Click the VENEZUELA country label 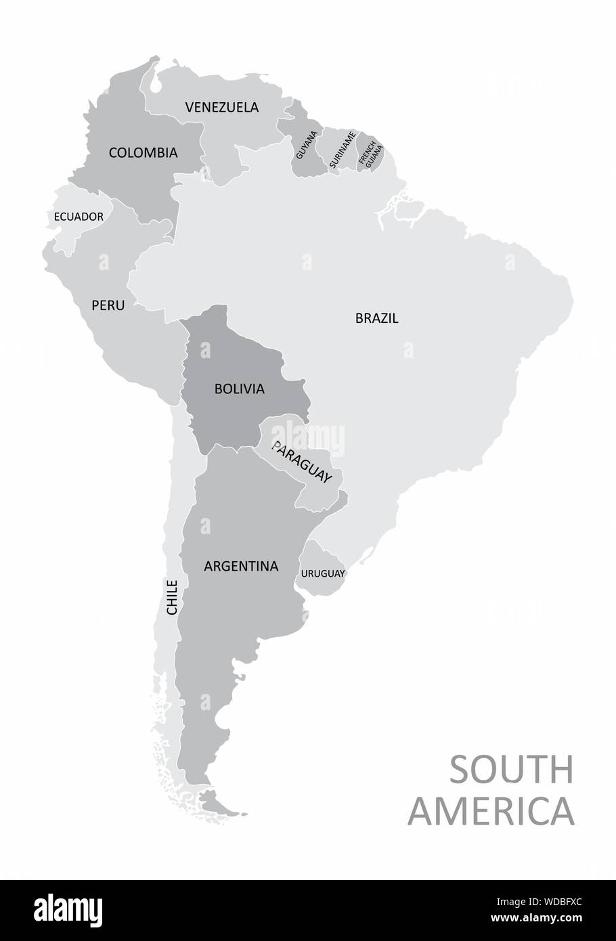[221, 107]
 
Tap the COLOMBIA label [143, 153]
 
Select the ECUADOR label [79, 217]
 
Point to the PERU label [108, 305]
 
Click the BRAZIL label [377, 318]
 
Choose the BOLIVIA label [239, 389]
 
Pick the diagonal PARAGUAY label [301, 462]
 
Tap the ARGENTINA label [241, 566]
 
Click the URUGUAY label [323, 573]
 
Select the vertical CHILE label [172, 596]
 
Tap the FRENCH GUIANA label [370, 152]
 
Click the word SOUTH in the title [511, 770]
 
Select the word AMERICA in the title [491, 810]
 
